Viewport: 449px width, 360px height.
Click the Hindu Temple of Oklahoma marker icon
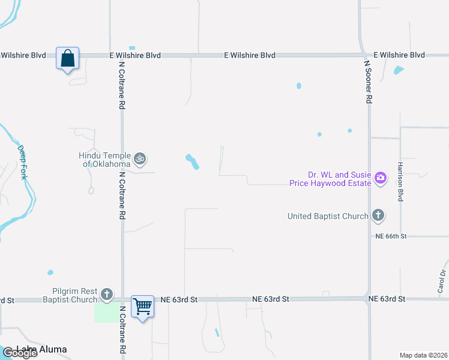(x=140, y=159)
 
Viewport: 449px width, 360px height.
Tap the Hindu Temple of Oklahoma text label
(x=104, y=160)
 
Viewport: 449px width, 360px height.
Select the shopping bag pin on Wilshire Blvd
(x=67, y=59)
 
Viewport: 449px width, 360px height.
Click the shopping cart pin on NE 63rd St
(x=142, y=307)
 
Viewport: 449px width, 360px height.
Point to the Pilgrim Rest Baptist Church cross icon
(x=107, y=294)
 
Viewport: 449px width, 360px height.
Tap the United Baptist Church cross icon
(x=378, y=215)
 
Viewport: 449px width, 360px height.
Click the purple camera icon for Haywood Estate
(x=380, y=178)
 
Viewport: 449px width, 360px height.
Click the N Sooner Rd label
(x=369, y=79)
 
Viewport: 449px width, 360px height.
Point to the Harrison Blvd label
(x=400, y=181)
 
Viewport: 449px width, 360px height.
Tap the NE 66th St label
(x=391, y=236)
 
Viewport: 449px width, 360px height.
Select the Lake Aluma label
(x=42, y=349)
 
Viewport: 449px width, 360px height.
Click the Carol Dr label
(x=443, y=281)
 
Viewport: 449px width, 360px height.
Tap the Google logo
(x=20, y=353)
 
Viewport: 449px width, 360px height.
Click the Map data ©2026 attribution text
(x=423, y=355)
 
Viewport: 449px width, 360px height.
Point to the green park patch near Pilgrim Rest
(x=106, y=313)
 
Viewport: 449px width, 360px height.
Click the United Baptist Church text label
(x=327, y=216)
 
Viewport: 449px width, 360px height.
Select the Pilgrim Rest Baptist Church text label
(x=70, y=295)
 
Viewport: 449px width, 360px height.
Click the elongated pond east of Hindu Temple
(x=192, y=161)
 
